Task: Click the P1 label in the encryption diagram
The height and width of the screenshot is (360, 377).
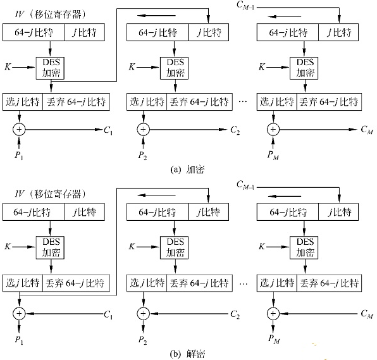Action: coord(19,156)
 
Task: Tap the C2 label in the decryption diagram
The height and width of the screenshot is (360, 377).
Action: coord(235,314)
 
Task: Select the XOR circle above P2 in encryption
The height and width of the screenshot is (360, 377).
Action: coord(144,129)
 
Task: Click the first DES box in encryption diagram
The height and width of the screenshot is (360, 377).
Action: coord(50,68)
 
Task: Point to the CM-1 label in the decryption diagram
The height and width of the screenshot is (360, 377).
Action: coord(245,185)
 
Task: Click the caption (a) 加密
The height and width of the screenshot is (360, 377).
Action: coord(187,170)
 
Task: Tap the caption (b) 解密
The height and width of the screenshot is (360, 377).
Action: coord(187,354)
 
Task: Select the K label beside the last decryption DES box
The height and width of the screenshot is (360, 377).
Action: coord(262,247)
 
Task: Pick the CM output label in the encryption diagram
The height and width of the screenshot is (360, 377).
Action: coord(367,130)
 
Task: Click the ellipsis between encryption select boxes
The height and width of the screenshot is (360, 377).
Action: coord(243,102)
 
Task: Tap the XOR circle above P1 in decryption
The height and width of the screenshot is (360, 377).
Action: coord(19,314)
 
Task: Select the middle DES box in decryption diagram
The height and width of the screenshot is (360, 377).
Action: coord(175,247)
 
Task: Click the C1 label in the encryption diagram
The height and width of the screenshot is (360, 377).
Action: coord(108,130)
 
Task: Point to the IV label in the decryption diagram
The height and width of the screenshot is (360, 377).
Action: coord(19,194)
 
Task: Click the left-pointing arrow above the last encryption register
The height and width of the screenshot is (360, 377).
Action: coord(285,16)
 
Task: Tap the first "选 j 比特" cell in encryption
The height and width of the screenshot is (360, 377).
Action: coord(23,102)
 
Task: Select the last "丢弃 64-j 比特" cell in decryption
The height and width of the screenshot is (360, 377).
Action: coord(329,283)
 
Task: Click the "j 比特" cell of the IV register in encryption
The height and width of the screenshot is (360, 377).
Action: coord(85,32)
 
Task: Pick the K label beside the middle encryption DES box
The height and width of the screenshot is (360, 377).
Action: coord(132,66)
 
